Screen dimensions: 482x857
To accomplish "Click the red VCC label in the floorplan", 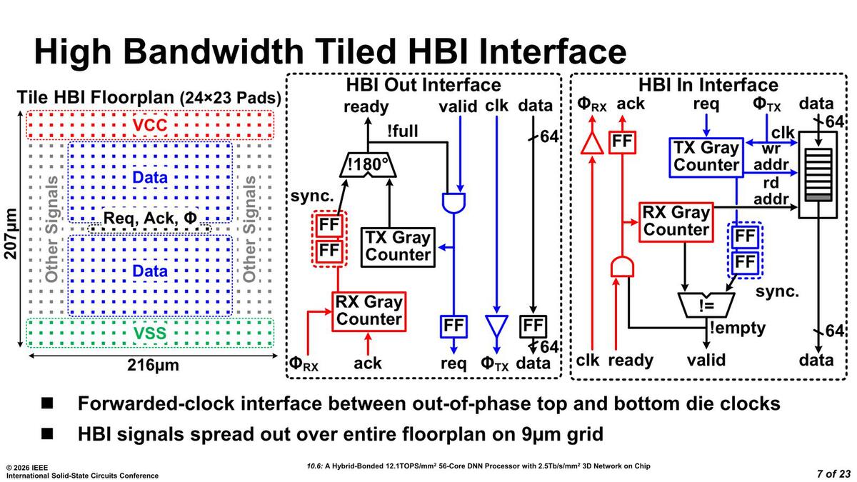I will [150, 126].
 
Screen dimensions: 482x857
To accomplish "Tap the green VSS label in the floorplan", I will [150, 333].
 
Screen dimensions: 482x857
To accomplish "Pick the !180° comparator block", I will [366, 165].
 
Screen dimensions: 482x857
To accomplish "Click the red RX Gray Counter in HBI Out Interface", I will [369, 311].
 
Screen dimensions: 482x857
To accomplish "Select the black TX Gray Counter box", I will [399, 246].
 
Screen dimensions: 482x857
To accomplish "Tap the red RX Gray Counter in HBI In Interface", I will [676, 221].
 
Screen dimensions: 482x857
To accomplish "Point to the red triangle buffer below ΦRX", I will [591, 143].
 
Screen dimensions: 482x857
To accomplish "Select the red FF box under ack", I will [621, 141].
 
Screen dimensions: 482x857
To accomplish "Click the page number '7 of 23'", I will [834, 473].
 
